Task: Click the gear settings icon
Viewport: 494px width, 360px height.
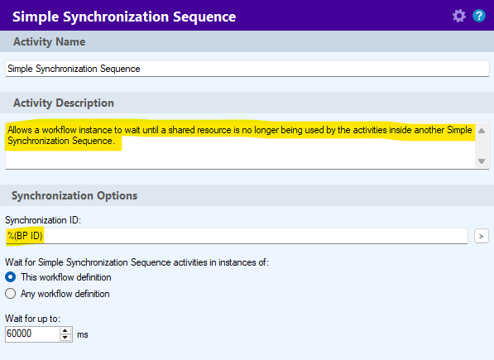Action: coord(459,16)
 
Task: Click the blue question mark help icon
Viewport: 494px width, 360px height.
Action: coord(479,16)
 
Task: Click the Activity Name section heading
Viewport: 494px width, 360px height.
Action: coord(49,41)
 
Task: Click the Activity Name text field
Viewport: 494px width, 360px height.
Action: coord(247,69)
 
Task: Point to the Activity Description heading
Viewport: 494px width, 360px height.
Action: coord(64,103)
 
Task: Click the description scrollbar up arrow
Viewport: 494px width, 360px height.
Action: coord(482,131)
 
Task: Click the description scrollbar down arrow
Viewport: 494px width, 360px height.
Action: coord(482,161)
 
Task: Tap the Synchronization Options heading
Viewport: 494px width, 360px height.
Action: coord(74,195)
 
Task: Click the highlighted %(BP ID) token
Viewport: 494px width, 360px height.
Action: coord(25,236)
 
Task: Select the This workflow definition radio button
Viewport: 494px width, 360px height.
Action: coord(11,277)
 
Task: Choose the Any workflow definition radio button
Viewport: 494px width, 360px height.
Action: coord(11,294)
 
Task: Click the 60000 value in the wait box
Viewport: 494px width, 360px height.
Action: coord(19,334)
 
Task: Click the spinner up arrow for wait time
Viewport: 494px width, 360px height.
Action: coord(65,331)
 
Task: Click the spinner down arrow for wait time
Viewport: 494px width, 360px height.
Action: coord(65,338)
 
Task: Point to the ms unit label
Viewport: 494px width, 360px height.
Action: coord(83,334)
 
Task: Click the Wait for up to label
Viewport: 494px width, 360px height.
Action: coord(32,319)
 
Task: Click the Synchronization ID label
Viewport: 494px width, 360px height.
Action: coord(43,220)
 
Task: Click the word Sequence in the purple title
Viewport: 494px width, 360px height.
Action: coord(204,17)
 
